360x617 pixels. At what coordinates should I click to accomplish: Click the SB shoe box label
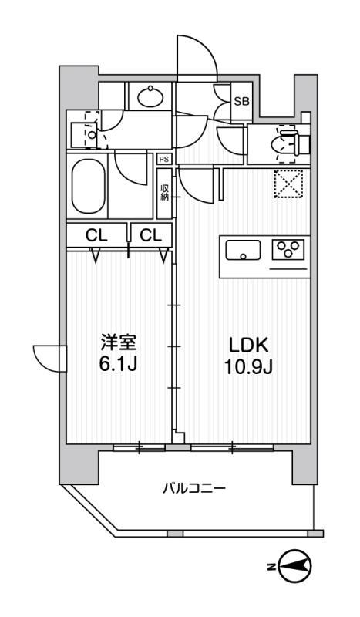click(x=241, y=102)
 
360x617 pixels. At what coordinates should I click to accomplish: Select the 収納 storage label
click(x=164, y=192)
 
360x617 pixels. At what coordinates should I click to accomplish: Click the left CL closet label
click(x=97, y=235)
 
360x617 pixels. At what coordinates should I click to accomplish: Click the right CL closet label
click(x=151, y=235)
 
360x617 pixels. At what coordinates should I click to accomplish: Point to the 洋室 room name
click(x=118, y=343)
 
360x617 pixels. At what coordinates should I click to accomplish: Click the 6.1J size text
click(x=118, y=365)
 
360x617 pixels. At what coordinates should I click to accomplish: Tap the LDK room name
click(x=249, y=346)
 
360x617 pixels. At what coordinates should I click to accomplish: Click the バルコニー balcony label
click(x=194, y=489)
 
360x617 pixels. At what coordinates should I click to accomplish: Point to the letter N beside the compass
click(x=271, y=567)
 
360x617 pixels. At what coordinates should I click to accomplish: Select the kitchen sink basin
click(x=243, y=250)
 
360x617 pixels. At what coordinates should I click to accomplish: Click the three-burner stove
click(x=288, y=249)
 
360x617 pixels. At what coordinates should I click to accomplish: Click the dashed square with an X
click(x=288, y=184)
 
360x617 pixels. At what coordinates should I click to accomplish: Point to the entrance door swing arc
click(x=197, y=55)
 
